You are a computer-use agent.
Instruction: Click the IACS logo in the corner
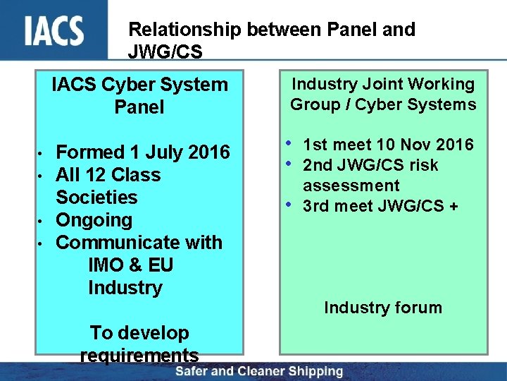point(54,30)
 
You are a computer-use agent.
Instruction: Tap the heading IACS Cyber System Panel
point(139,96)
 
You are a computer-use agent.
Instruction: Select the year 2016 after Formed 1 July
point(204,152)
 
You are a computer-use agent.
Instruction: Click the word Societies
point(96,198)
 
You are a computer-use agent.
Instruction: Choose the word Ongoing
point(94,220)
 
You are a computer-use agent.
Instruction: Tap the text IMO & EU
point(130,265)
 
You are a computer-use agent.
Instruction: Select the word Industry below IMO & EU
point(125,288)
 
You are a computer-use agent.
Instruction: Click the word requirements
point(139,355)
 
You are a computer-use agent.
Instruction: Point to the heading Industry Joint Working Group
point(383,94)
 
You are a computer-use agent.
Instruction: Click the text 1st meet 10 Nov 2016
point(388,145)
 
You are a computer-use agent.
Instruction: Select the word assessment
point(351,186)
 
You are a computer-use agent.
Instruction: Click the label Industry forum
point(383,308)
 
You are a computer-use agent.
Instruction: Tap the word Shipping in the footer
point(316,372)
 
